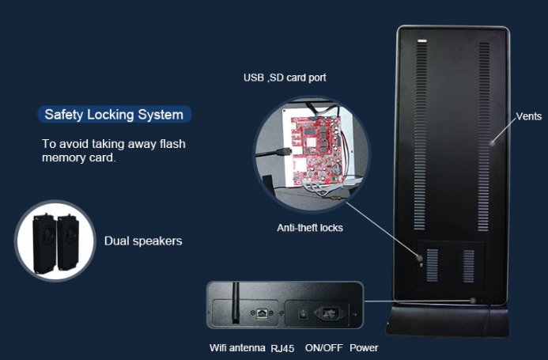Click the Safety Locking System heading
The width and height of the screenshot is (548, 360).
point(115,115)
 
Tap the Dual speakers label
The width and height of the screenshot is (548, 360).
point(143,241)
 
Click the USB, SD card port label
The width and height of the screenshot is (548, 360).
point(285,78)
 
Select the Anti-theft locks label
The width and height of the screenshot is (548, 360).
point(310,228)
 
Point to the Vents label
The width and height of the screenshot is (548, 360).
point(529,116)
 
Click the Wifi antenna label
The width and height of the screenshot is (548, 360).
point(237,348)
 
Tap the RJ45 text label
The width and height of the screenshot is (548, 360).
point(282,348)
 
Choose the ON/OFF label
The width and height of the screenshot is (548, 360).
point(323,348)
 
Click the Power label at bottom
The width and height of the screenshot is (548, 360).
point(364,348)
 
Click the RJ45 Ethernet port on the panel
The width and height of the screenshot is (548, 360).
point(262,313)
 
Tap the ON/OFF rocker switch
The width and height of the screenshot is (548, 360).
point(304,313)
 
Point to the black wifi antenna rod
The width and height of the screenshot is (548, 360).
point(236,302)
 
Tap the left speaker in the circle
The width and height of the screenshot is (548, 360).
point(44,244)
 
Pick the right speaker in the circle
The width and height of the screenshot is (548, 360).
point(68,242)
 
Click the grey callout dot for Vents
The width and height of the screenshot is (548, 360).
point(493,142)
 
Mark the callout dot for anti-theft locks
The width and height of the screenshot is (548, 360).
point(419,258)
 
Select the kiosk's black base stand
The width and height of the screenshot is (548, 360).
point(448,320)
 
